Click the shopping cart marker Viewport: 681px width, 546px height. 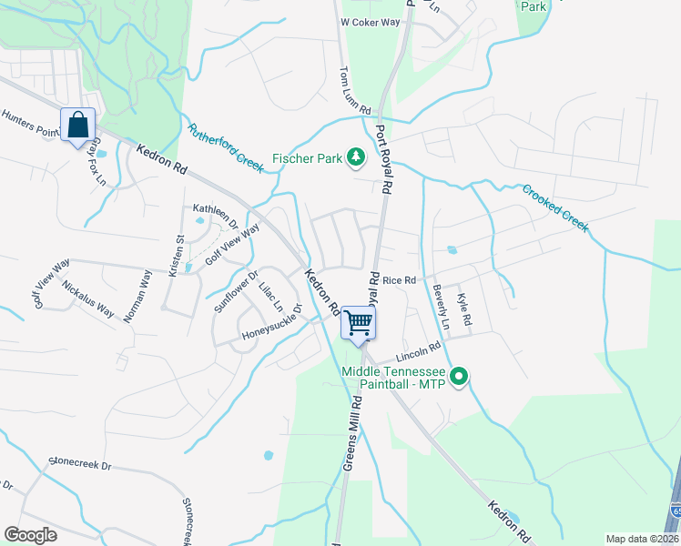[359, 323]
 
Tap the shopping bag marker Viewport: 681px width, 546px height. [78, 125]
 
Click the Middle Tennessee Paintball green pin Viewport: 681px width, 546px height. [460, 375]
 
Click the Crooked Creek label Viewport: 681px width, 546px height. [555, 207]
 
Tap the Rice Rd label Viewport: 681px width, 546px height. [399, 280]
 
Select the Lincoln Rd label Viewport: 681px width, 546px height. [418, 353]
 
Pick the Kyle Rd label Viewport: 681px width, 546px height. [465, 310]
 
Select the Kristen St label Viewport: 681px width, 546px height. [176, 257]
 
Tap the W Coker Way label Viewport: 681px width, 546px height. [371, 21]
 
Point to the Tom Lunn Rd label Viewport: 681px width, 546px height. [355, 90]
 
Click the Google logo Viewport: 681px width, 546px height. [30, 535]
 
